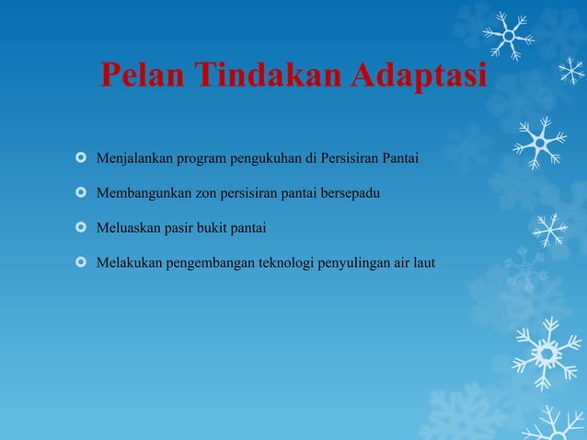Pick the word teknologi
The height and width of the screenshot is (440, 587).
283,263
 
